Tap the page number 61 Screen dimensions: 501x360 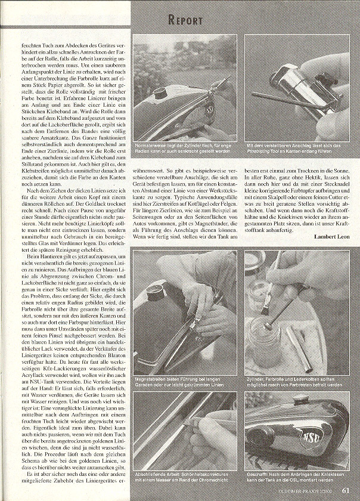[x=346, y=491]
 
